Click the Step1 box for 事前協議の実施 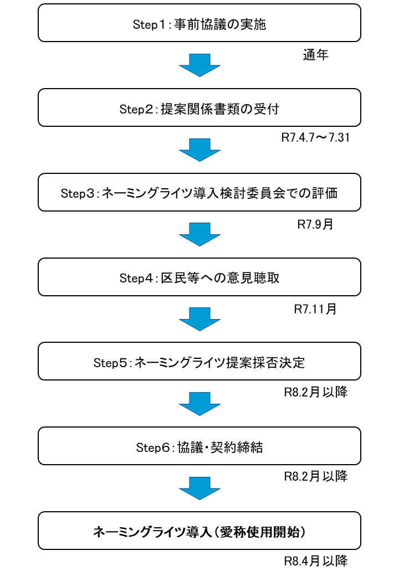pos(199,23)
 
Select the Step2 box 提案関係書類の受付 pos(199,107)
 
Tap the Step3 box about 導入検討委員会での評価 pos(199,192)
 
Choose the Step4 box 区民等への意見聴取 pos(199,277)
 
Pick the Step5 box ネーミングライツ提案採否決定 pos(199,362)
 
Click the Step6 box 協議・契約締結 pos(199,446)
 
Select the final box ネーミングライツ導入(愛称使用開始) pos(199,531)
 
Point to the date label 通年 pos(316,55)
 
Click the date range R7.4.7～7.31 pos(315,137)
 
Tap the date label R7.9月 pos(315,224)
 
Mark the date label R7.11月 pos(315,309)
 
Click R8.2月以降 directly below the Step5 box pos(316,392)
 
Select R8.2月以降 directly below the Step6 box pos(316,476)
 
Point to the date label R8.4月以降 pos(316,561)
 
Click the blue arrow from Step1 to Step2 pos(199,65)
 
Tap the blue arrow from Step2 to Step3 pos(199,150)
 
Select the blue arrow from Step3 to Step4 pos(199,234)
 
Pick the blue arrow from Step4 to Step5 pos(199,319)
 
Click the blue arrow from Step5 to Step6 pos(199,404)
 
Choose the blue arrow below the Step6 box pos(199,488)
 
